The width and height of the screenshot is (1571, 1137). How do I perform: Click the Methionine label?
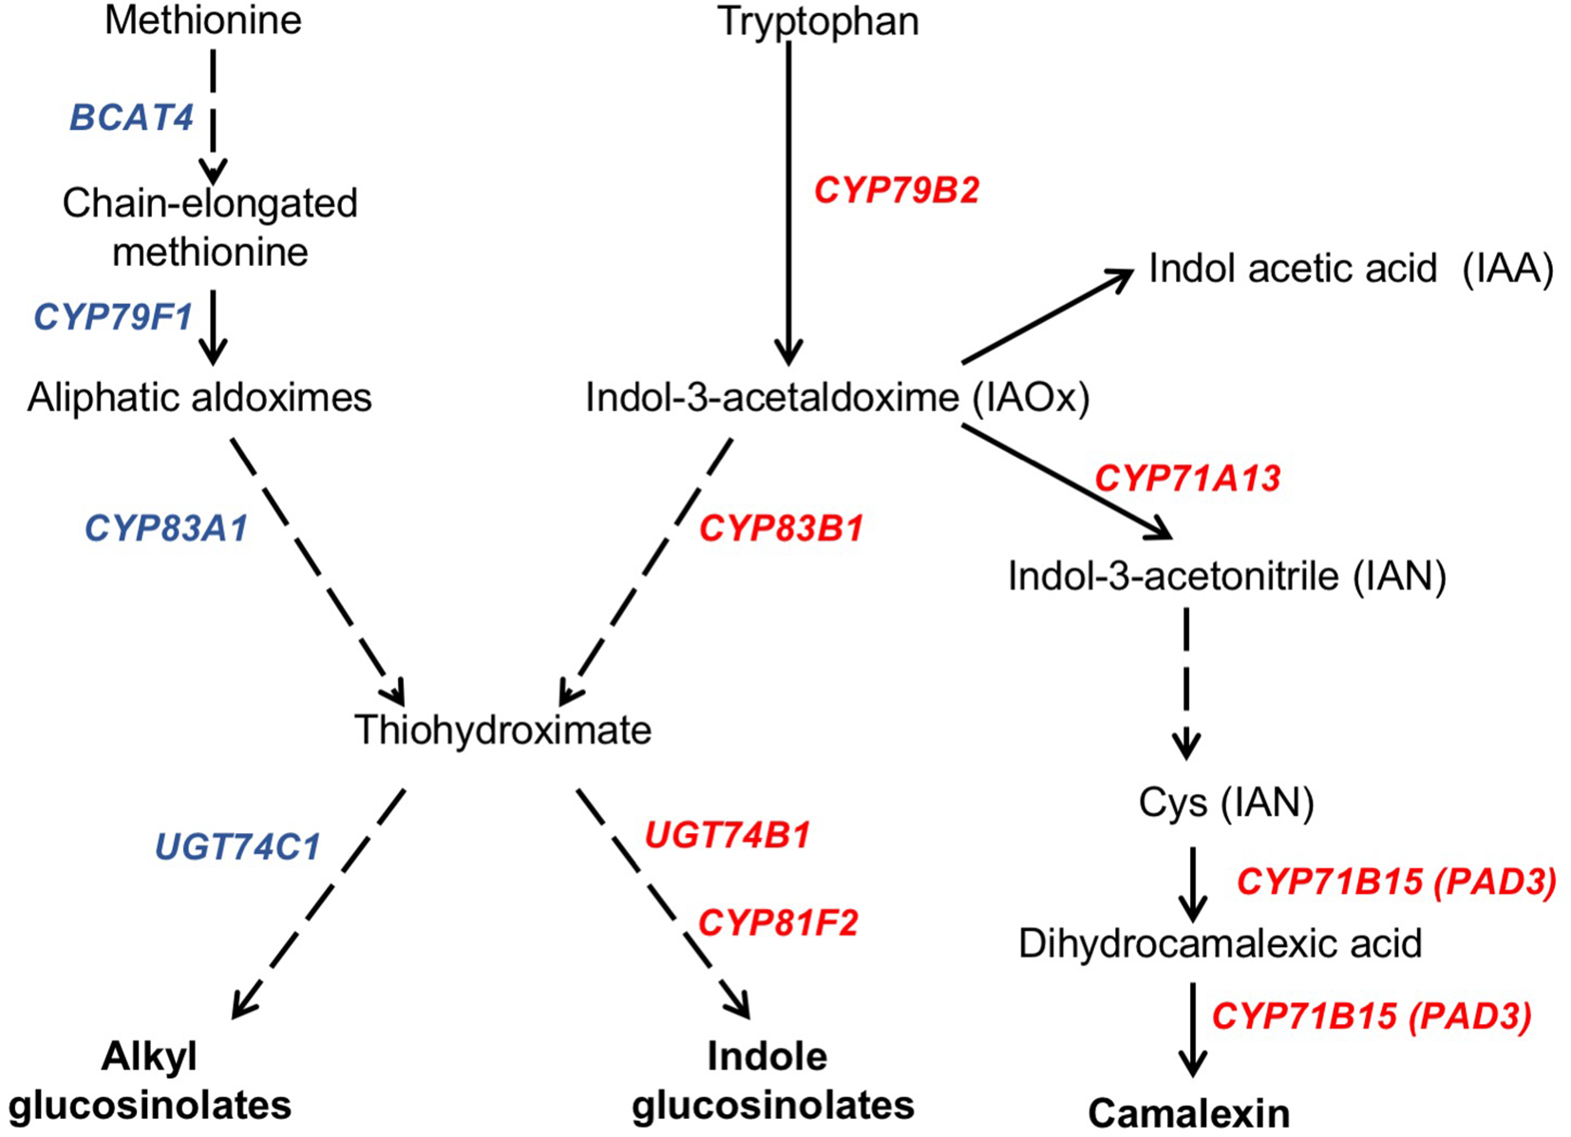(x=202, y=20)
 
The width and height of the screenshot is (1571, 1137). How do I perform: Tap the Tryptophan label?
(x=818, y=21)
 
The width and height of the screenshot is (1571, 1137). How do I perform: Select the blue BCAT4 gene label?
(x=131, y=118)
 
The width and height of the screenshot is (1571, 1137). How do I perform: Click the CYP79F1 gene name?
(x=113, y=316)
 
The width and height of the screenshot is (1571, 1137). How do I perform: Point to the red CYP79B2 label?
(x=896, y=191)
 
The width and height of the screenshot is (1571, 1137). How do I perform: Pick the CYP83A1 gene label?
(x=166, y=528)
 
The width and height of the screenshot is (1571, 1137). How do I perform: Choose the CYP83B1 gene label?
(x=781, y=528)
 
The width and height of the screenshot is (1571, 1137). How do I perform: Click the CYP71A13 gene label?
(x=1187, y=478)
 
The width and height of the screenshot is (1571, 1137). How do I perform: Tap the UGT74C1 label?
(x=237, y=846)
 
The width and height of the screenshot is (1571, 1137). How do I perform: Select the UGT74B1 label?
(x=727, y=835)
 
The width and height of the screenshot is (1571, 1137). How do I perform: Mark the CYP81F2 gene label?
(x=777, y=922)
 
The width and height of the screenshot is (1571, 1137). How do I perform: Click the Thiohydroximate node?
(x=502, y=730)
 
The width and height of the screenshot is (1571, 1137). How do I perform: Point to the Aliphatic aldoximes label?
(x=199, y=397)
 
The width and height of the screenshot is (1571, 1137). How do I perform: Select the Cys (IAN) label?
(x=1225, y=803)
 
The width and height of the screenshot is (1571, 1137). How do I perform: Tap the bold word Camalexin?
(x=1188, y=1112)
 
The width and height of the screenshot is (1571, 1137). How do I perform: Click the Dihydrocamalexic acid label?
(x=1220, y=943)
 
